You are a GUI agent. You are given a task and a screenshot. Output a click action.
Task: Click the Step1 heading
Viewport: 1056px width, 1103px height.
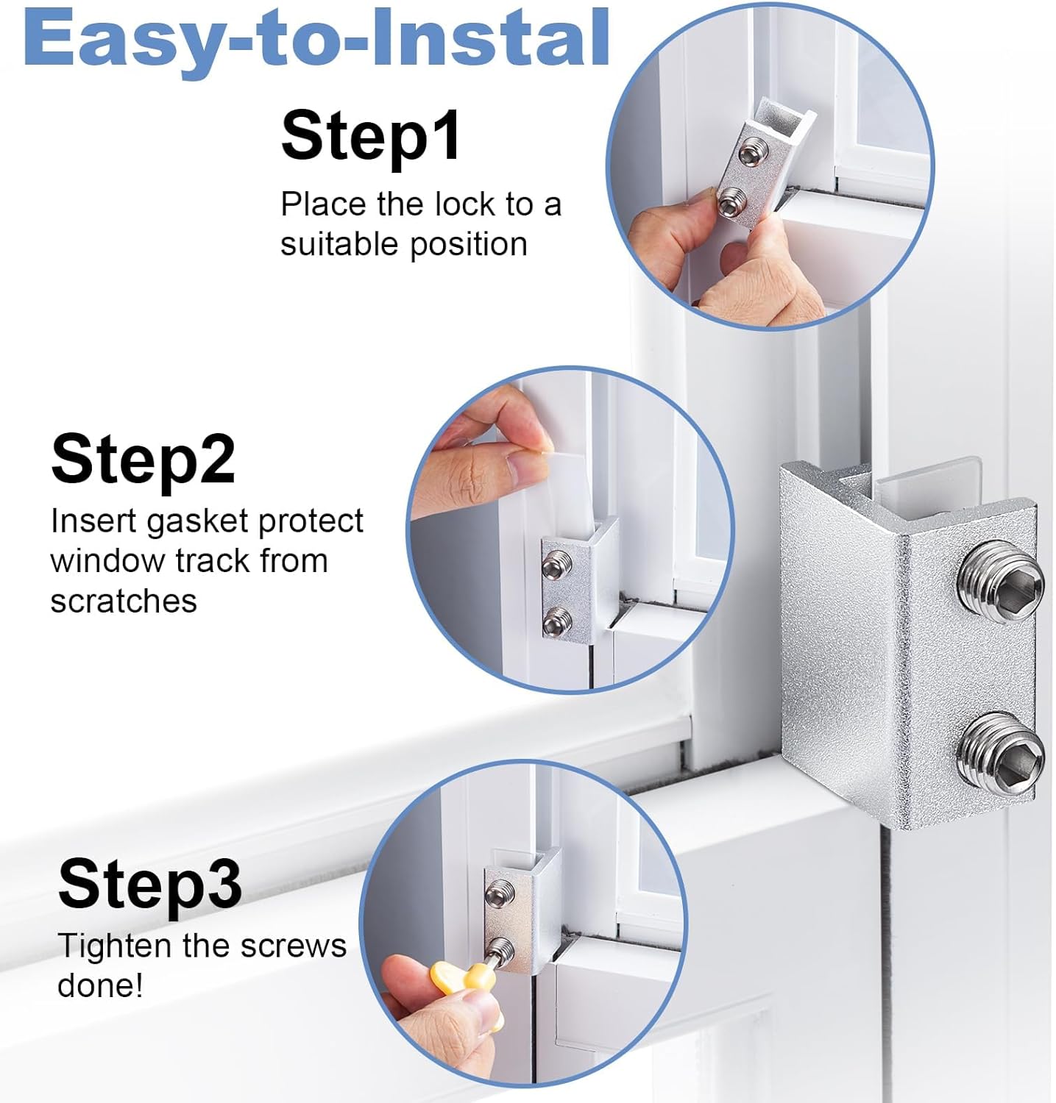(371, 135)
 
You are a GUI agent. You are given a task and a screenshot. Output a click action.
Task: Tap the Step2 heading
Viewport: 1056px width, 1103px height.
(143, 460)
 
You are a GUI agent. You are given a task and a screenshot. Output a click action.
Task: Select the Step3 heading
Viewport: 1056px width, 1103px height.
(149, 884)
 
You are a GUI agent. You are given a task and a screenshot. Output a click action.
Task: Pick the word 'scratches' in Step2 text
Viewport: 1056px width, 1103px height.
(124, 601)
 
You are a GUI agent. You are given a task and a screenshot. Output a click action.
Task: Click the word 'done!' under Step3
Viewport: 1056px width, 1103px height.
(100, 985)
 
